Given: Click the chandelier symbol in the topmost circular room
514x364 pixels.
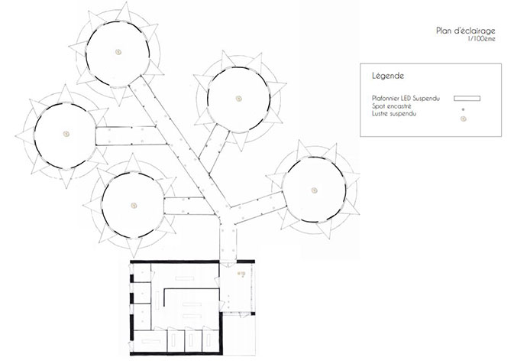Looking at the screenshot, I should (x=119, y=51).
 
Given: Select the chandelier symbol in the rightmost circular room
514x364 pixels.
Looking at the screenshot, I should (x=312, y=189).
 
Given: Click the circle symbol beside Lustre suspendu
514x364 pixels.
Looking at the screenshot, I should (x=463, y=116).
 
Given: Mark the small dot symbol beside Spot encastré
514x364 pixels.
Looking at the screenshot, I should (x=463, y=108).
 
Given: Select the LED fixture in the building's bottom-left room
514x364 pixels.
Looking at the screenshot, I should (x=145, y=336).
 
